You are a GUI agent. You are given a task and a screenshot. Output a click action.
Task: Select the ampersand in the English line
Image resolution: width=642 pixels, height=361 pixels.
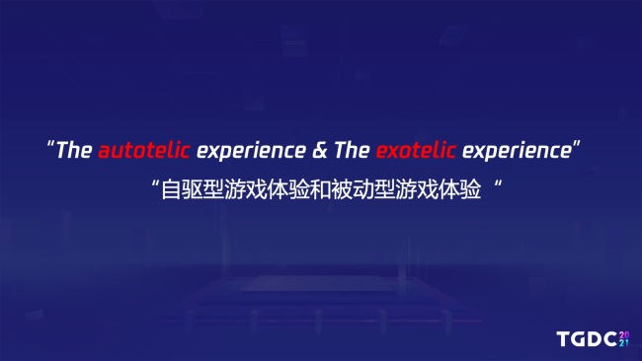[x=319, y=151]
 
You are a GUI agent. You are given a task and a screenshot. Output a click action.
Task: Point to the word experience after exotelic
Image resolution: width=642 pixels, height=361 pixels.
[x=517, y=152]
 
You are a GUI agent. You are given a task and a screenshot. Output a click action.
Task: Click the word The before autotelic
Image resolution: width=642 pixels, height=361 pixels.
[x=74, y=151]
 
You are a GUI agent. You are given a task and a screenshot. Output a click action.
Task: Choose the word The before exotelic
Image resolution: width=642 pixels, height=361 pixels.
[x=351, y=151]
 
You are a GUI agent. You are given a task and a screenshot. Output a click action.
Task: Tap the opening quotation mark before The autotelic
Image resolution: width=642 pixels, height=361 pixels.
[x=50, y=146]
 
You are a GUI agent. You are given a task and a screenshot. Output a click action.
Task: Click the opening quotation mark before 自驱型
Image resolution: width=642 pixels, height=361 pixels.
[x=155, y=182]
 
